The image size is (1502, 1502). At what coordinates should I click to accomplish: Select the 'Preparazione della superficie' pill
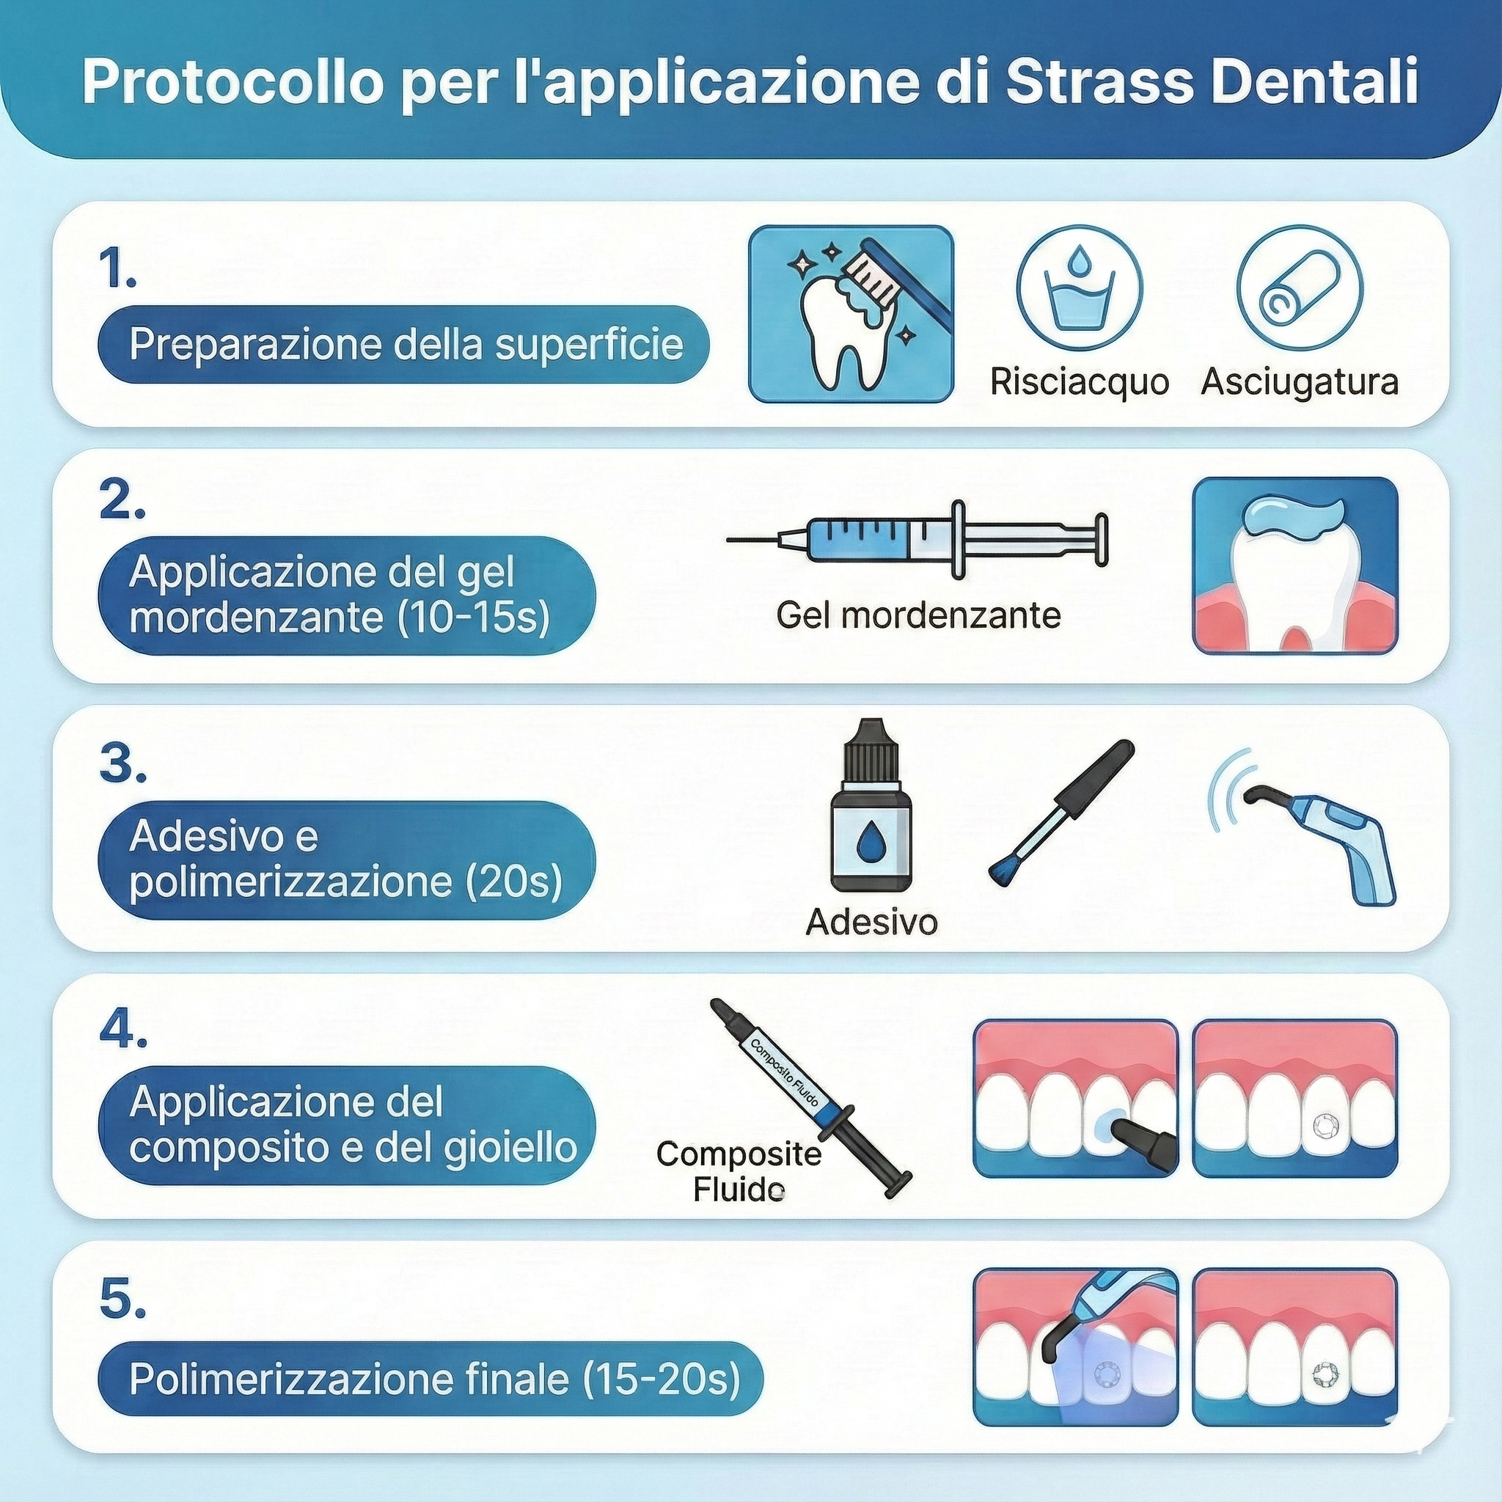pos(403,345)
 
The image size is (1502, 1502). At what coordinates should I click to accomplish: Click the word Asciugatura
pos(1300,381)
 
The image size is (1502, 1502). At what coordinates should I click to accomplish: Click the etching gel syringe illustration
pos(917,540)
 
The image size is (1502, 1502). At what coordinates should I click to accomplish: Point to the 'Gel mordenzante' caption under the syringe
pos(918,615)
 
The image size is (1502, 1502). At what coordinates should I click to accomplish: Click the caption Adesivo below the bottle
pos(871,922)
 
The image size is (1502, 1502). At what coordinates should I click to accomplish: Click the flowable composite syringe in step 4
pos(811,1099)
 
